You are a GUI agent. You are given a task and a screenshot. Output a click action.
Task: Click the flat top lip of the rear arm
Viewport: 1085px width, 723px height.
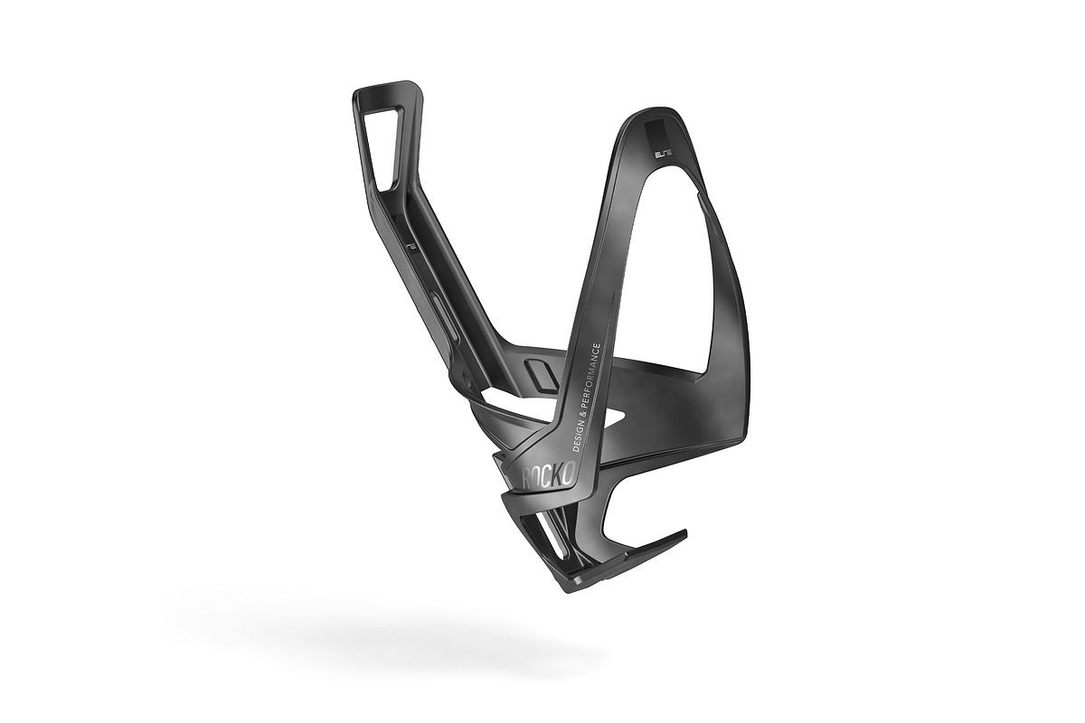tap(387, 88)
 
